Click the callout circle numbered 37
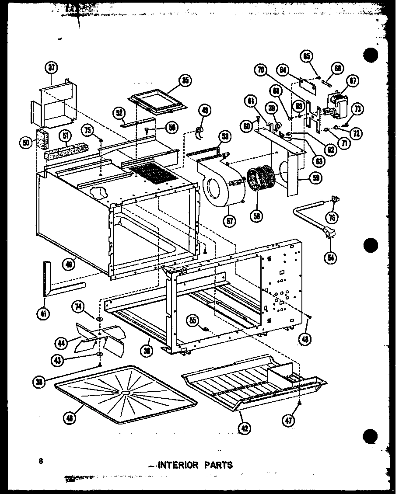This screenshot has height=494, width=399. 52,68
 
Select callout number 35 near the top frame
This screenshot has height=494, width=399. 185,80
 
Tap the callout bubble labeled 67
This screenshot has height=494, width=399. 353,80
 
